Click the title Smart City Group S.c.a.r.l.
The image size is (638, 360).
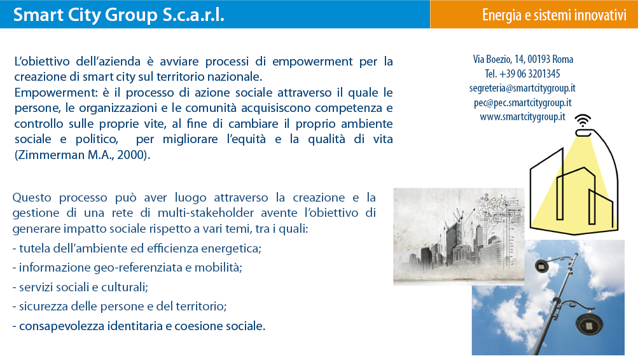pyautogui.click(x=118, y=15)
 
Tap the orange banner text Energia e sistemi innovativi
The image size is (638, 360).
pyautogui.click(x=554, y=15)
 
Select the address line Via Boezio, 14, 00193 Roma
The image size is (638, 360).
pyautogui.click(x=523, y=59)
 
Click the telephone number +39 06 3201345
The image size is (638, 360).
pyautogui.click(x=529, y=74)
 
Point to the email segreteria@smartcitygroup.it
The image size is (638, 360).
pyautogui.click(x=522, y=88)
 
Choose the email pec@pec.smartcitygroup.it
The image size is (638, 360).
pyautogui.click(x=522, y=102)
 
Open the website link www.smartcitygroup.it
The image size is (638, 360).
pyautogui.click(x=522, y=117)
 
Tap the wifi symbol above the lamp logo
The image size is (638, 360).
pyautogui.click(x=583, y=120)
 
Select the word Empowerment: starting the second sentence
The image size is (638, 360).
pyautogui.click(x=56, y=93)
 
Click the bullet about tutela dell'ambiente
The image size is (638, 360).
pyautogui.click(x=137, y=248)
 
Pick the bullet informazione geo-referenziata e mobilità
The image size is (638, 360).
pyautogui.click(x=127, y=268)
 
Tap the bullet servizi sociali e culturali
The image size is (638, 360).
pyautogui.click(x=80, y=287)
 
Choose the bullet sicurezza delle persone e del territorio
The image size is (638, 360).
pyautogui.click(x=120, y=307)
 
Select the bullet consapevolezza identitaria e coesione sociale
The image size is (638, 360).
pyautogui.click(x=139, y=326)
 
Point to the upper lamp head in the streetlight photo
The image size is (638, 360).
pyautogui.click(x=542, y=267)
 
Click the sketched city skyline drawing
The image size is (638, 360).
pyautogui.click(x=459, y=236)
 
